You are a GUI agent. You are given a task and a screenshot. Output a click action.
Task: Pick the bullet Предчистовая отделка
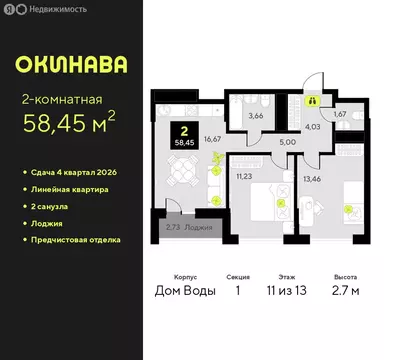point(77,240)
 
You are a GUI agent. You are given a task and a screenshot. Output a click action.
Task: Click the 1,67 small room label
point(340,115)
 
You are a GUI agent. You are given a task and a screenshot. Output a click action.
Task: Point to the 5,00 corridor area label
point(289,141)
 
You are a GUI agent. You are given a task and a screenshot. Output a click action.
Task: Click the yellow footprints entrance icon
point(313,101)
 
